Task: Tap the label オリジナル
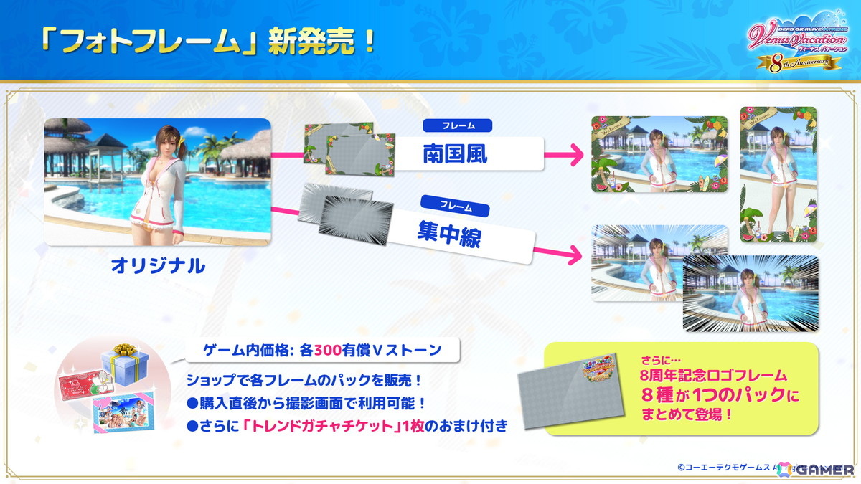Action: click(x=158, y=266)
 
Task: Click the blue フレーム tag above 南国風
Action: click(x=458, y=125)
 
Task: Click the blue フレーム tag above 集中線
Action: click(x=455, y=207)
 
